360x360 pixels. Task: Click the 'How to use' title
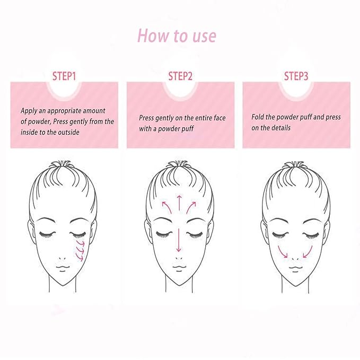[x=177, y=36]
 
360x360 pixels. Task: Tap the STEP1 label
[x=64, y=76]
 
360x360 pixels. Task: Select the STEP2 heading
[x=180, y=76]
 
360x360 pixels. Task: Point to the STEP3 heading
[x=296, y=76]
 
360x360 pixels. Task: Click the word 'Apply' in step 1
[x=29, y=111]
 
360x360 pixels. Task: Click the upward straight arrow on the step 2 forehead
[x=179, y=203]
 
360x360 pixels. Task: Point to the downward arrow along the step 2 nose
[x=179, y=240]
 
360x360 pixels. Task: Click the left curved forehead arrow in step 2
[x=167, y=207]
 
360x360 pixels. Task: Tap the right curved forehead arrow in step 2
[x=191, y=207]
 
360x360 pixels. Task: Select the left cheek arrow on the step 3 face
[x=282, y=252]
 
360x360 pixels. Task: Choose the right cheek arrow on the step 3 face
[x=308, y=252]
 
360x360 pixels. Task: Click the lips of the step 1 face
[x=63, y=268]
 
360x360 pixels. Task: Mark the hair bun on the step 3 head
[x=296, y=165]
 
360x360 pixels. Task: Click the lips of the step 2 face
[x=179, y=268]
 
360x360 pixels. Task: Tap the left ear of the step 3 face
[x=264, y=231]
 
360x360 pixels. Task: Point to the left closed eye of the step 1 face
[x=47, y=235]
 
